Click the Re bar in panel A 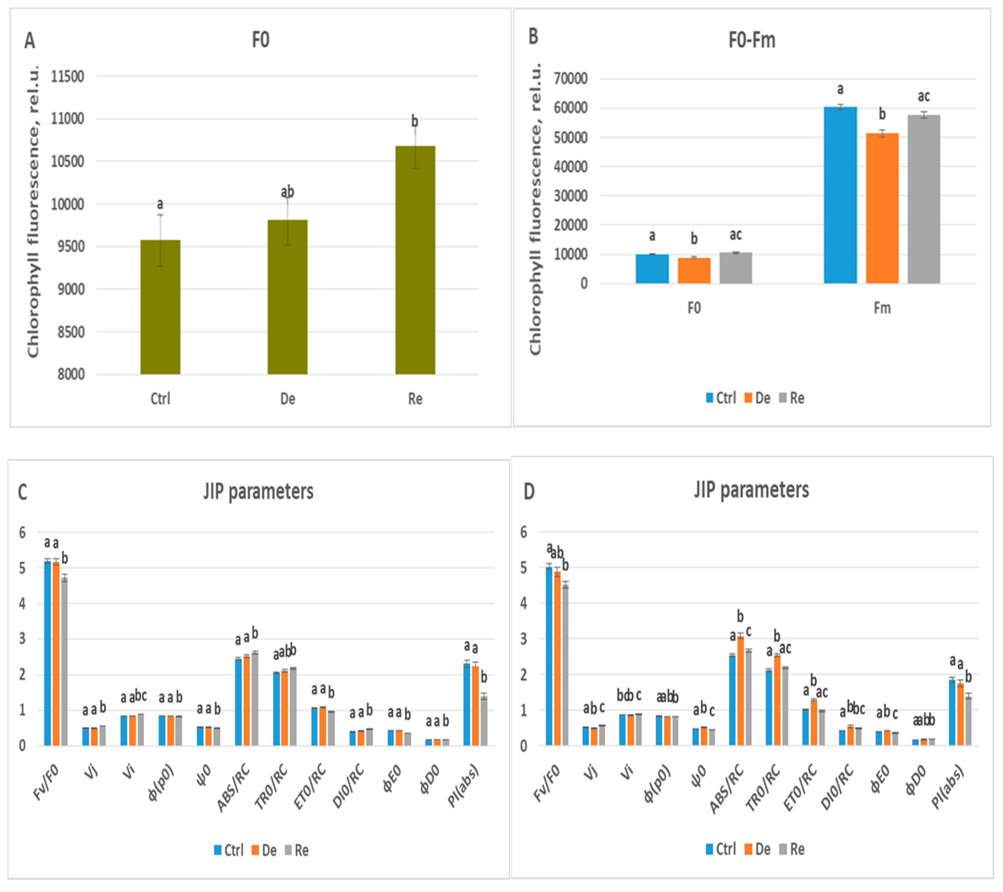(x=415, y=260)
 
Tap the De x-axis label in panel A (x=287, y=399)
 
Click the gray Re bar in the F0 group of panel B (x=736, y=268)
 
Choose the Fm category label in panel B (x=882, y=308)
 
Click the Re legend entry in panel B (x=792, y=398)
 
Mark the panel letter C (x=22, y=492)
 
